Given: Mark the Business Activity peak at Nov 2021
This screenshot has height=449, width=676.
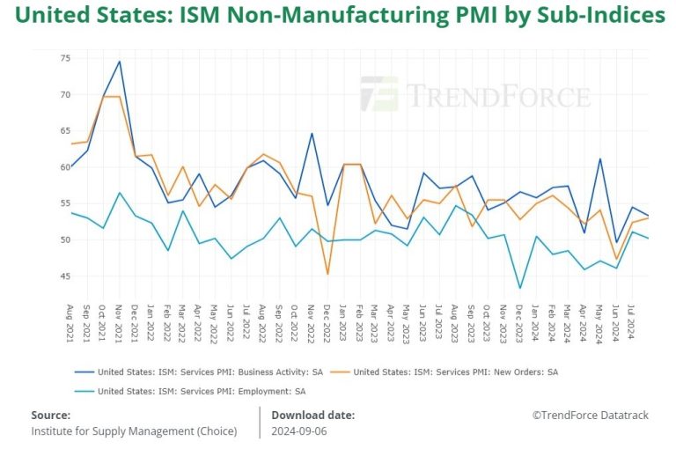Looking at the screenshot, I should [119, 62].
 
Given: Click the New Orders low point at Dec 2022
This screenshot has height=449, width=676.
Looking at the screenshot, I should [327, 274].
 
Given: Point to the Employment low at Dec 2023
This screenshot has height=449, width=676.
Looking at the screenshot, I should [520, 288].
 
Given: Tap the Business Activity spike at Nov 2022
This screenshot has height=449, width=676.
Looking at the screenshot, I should [312, 134].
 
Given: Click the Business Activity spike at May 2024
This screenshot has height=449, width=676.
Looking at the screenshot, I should [600, 159].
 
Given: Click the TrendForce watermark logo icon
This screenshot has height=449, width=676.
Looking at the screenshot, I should [378, 93].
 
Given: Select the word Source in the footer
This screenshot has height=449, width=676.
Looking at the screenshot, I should [50, 415].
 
